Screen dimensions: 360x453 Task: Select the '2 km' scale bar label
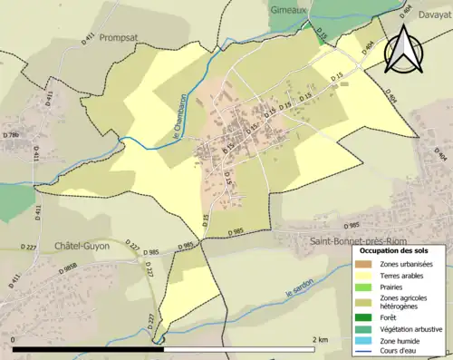pyautogui.click(x=319, y=339)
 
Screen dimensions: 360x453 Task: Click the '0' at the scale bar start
pyautogui.click(x=14, y=339)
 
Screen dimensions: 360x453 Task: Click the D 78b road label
pyautogui.click(x=11, y=135)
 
